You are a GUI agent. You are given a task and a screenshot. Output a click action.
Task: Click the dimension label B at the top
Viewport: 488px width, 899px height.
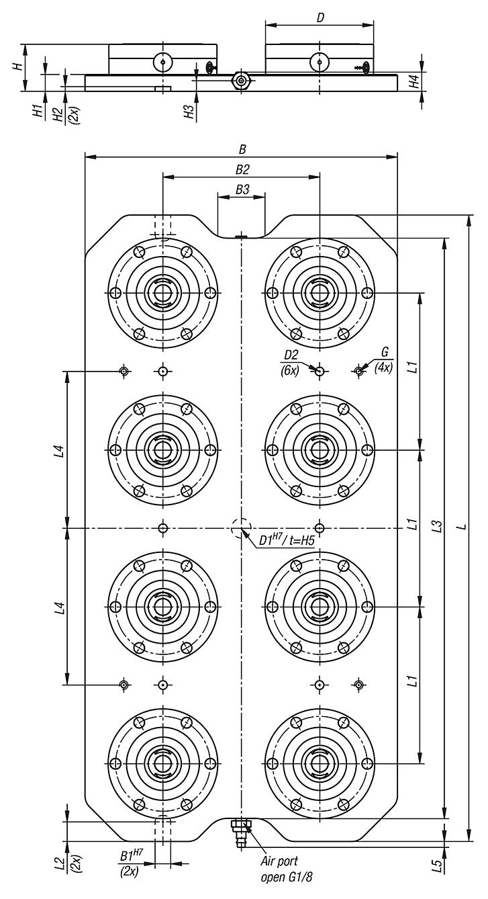[241, 149]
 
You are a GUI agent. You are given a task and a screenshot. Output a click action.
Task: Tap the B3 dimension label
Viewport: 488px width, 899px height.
[241, 190]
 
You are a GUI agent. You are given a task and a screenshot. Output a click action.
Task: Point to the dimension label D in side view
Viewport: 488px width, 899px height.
[320, 17]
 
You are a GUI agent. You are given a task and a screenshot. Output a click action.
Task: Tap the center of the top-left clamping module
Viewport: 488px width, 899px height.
[162, 293]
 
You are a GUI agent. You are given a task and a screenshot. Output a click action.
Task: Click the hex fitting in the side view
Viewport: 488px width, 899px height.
[240, 81]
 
